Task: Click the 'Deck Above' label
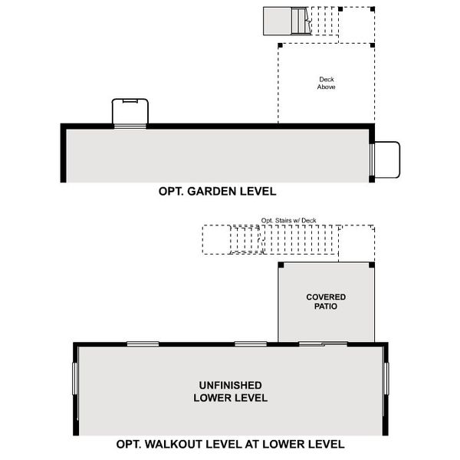tap(326, 83)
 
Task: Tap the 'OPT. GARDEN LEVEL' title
tap(217, 191)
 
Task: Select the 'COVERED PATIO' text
tap(326, 301)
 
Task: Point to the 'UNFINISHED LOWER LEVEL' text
tap(230, 391)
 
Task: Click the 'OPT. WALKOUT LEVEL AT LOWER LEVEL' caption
tap(230, 444)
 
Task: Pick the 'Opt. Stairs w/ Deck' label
tap(288, 221)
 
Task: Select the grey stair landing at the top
tap(277, 21)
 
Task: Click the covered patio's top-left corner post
tap(281, 265)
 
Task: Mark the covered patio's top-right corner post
tap(372, 265)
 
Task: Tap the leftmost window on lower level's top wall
tap(143, 343)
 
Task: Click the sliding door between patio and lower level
tap(322, 343)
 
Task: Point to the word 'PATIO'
tap(326, 307)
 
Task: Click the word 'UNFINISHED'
tap(230, 385)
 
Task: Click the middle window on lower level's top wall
tap(250, 343)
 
